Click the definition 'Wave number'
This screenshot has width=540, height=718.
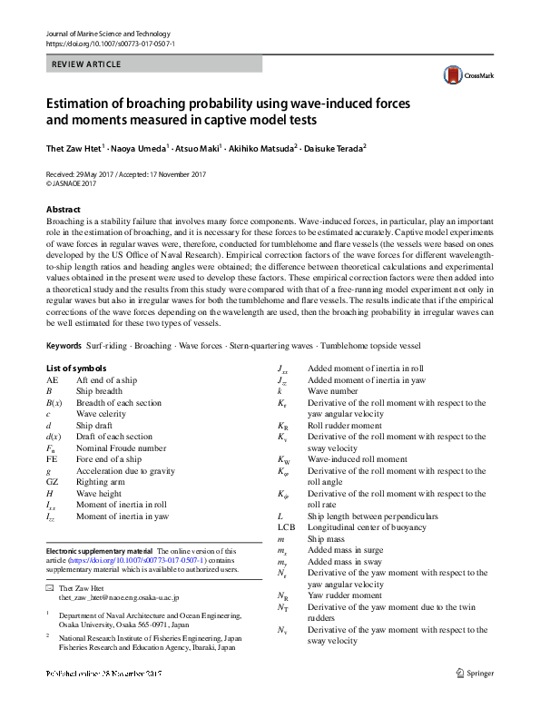337,391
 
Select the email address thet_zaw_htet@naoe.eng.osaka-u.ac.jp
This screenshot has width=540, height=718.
119,598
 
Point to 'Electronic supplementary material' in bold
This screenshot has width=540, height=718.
99,550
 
